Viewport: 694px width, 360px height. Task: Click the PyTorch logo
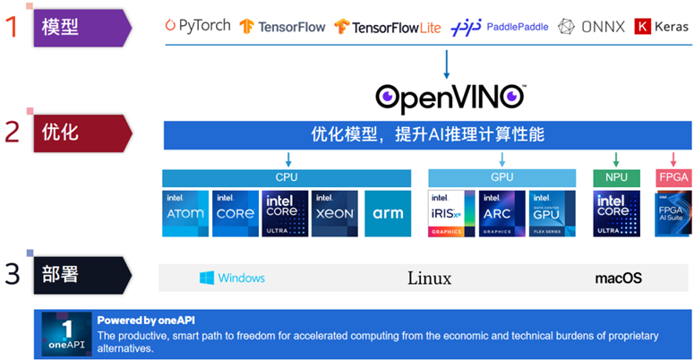tap(198, 26)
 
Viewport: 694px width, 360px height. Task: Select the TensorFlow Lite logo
tap(388, 27)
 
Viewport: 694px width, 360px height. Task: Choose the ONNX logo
tap(592, 27)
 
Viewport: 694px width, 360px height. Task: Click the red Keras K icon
tap(642, 27)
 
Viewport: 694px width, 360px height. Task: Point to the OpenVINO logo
tap(450, 94)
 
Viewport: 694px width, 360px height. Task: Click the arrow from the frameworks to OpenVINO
tap(447, 64)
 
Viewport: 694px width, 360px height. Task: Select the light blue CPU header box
tap(287, 177)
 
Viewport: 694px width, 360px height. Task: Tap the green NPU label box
tap(616, 177)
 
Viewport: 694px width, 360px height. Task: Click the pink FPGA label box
tap(673, 177)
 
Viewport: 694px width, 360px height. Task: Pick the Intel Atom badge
tap(185, 213)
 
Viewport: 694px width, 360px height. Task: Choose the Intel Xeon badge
tap(335, 213)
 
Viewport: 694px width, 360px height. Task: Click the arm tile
tap(388, 213)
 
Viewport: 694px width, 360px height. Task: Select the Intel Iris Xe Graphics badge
tap(451, 213)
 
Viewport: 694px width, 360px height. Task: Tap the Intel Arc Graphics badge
tap(502, 213)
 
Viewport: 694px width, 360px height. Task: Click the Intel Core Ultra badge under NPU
tap(616, 213)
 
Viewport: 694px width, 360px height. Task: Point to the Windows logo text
tap(232, 278)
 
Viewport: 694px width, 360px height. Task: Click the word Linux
tap(429, 278)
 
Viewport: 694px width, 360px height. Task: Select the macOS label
tap(619, 279)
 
